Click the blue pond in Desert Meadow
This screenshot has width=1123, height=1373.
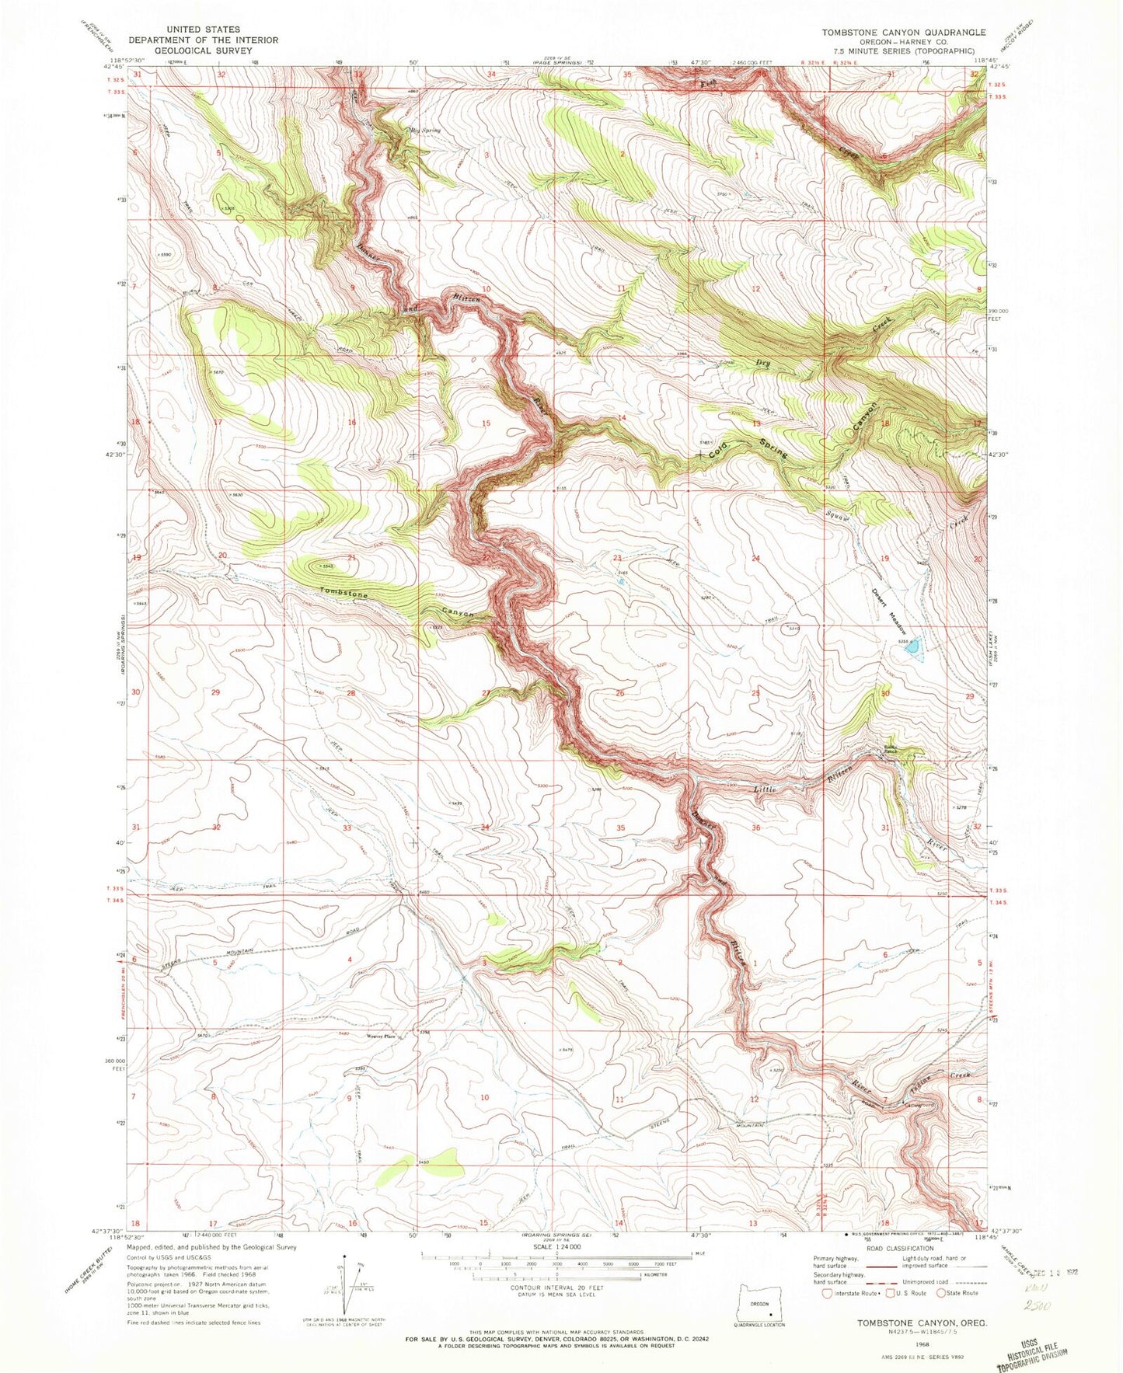(x=913, y=646)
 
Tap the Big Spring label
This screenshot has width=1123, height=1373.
(x=424, y=131)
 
